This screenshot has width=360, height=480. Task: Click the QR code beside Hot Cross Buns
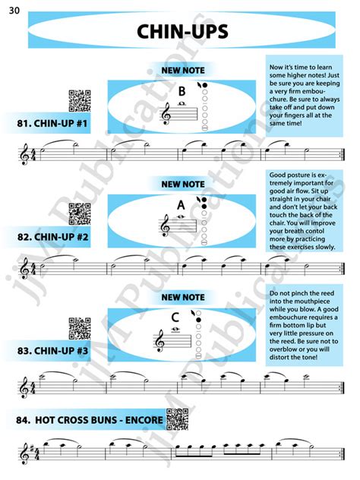pos(176,418)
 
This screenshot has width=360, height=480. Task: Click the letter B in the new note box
pos(182,91)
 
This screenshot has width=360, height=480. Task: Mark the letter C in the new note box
pos(175,317)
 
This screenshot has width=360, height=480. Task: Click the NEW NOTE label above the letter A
pos(182,184)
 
